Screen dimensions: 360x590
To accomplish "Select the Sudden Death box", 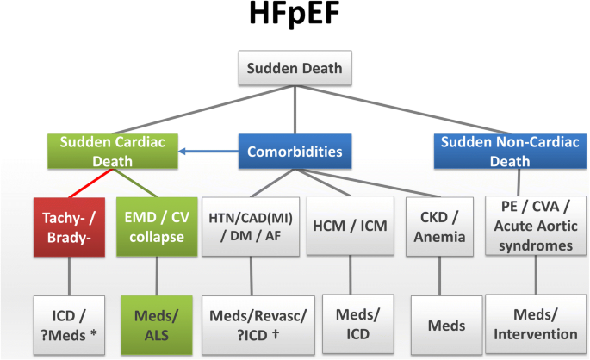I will pyautogui.click(x=294, y=70).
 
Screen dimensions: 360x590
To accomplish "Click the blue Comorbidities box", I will pyautogui.click(x=294, y=152).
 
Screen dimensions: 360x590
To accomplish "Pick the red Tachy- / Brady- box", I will pyautogui.click(x=67, y=227).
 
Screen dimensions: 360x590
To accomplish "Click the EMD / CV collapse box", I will pyautogui.click(x=154, y=227).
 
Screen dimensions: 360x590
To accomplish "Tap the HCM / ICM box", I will pyautogui.click(x=349, y=227).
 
